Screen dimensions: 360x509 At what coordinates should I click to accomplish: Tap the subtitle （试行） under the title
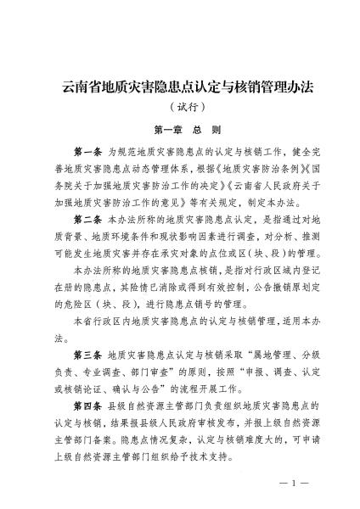pos(179,107)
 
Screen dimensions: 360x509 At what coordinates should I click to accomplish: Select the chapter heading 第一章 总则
pos(179,130)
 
